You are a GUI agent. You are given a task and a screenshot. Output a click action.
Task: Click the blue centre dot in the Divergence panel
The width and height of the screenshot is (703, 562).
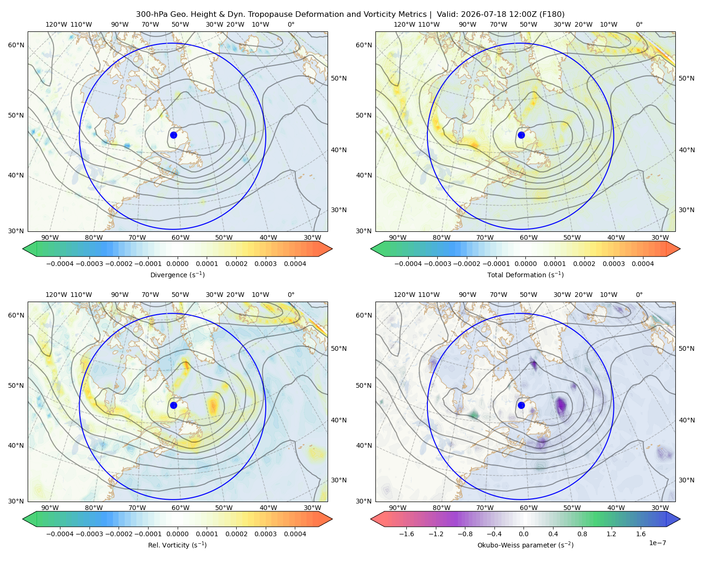(173, 135)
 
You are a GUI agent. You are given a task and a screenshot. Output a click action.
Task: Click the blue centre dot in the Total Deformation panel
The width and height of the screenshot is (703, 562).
(521, 135)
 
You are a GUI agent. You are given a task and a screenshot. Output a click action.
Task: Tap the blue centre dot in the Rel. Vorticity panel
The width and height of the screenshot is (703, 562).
(173, 405)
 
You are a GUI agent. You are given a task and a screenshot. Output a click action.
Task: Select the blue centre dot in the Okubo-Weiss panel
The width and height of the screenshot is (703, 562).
(521, 405)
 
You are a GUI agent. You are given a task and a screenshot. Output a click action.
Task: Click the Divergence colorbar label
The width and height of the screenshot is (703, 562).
(177, 274)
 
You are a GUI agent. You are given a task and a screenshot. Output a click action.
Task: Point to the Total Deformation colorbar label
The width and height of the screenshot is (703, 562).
(525, 274)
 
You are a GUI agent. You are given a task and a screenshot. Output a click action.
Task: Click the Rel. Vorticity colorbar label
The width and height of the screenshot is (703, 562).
(177, 545)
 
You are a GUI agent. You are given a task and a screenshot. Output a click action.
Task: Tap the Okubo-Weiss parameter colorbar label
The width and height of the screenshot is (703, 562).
(525, 545)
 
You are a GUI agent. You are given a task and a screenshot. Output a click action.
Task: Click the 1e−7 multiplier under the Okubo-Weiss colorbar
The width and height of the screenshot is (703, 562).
(657, 543)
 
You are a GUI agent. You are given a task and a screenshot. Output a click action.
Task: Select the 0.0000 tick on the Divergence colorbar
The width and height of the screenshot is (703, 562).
(177, 264)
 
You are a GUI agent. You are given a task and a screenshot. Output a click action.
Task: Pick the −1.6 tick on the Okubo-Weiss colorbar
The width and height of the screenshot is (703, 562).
(406, 534)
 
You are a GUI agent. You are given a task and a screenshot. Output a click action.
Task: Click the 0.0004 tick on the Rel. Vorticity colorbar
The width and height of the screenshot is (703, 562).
(295, 534)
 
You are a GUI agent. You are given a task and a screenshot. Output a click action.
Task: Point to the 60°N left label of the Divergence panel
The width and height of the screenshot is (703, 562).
(16, 45)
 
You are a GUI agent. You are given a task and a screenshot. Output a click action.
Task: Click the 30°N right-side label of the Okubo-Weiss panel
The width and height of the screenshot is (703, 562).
(687, 480)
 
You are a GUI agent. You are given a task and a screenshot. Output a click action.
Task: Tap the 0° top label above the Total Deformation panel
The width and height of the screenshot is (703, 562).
(639, 24)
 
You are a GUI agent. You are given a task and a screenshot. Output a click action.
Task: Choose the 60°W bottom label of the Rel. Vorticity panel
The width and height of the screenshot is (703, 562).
(180, 508)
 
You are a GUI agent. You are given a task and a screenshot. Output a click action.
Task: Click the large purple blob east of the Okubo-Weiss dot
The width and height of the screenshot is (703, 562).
(561, 406)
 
